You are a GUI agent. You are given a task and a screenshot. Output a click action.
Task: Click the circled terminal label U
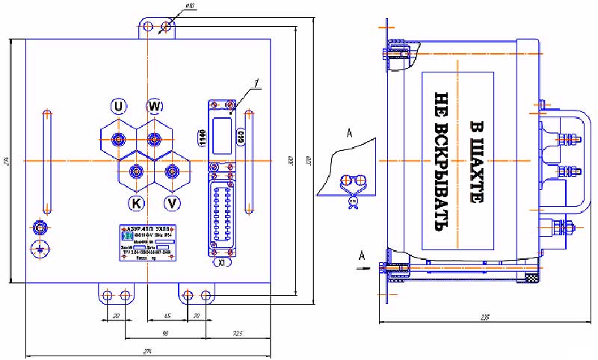[118, 107]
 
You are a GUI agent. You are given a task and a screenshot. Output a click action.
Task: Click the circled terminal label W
[154, 106]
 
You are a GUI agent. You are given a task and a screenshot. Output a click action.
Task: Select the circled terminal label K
[137, 203]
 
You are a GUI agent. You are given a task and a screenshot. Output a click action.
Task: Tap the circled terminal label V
[173, 203]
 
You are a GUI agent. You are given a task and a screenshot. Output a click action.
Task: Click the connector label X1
[222, 263]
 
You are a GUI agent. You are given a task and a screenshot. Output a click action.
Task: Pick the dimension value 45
[167, 316]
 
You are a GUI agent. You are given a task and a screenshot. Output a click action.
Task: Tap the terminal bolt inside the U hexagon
[118, 140]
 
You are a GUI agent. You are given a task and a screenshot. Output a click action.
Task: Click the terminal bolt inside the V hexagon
[173, 172]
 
